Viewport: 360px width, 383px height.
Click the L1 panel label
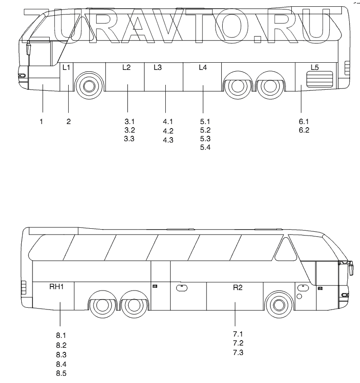click(66, 68)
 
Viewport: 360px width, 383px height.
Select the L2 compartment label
click(126, 68)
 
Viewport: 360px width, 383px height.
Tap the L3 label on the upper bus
click(157, 68)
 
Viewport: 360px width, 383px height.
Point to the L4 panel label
click(203, 68)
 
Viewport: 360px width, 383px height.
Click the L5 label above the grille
click(315, 68)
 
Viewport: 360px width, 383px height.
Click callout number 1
click(41, 121)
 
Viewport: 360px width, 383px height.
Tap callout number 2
click(69, 121)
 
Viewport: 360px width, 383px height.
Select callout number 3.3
click(129, 139)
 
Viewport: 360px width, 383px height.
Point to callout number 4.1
click(168, 122)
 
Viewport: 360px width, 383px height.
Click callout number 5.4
click(205, 148)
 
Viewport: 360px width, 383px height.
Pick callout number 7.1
click(238, 334)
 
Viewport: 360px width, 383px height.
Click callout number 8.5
click(61, 373)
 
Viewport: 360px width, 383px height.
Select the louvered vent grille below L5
click(320, 79)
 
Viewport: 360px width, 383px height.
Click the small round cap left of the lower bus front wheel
click(299, 296)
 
